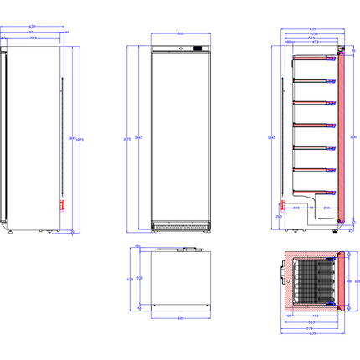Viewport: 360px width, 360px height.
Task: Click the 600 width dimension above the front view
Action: [179, 33]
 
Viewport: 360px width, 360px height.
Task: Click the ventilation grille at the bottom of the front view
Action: [179, 227]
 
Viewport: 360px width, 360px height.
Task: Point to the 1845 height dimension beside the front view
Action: [138, 138]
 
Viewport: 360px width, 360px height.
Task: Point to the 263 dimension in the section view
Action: [279, 215]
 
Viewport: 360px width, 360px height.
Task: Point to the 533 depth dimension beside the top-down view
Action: [139, 277]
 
